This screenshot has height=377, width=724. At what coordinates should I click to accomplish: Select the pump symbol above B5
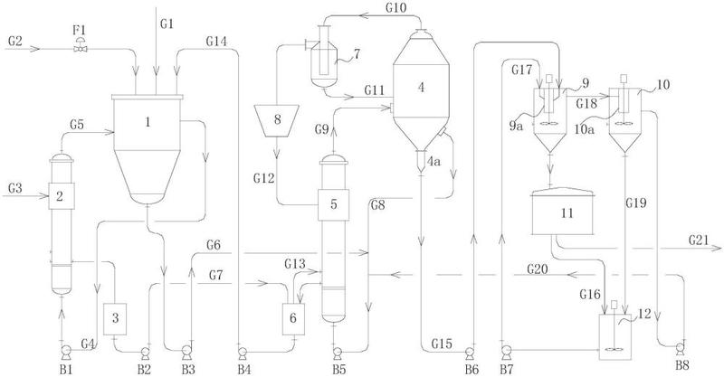coord(337,349)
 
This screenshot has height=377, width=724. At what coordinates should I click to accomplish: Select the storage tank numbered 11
coord(567,214)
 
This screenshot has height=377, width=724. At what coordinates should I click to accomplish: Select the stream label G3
coord(15,187)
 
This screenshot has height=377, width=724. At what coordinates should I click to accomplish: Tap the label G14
coord(218,41)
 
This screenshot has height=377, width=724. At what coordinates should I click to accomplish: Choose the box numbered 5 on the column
coord(335,204)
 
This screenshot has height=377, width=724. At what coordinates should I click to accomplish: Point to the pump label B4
coord(243,368)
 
